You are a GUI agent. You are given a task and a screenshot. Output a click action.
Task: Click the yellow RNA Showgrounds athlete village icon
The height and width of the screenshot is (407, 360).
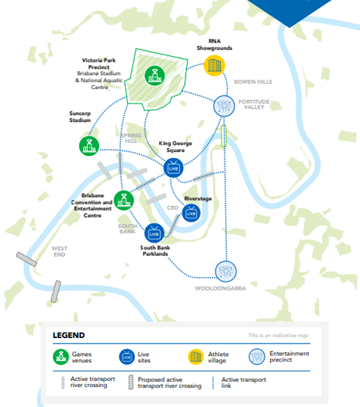215,65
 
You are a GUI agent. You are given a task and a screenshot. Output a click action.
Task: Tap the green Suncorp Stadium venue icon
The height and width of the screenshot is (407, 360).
89,146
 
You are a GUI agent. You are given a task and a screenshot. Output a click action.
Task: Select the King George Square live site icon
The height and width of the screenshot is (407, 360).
173,168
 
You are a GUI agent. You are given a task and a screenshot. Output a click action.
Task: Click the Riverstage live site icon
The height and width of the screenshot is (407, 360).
191,213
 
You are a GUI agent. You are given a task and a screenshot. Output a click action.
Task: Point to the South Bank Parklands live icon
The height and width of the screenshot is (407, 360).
154,233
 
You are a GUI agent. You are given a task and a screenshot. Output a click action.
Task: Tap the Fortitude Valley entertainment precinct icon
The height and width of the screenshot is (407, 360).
224,106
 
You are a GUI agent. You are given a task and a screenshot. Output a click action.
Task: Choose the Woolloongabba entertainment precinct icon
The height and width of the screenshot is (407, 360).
226,272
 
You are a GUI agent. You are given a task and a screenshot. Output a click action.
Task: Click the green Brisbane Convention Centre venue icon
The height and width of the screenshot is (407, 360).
124,200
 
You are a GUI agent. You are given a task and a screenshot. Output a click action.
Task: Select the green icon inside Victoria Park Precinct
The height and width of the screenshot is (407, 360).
155,76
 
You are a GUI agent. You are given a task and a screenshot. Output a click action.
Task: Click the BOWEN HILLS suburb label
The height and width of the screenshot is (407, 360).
253,82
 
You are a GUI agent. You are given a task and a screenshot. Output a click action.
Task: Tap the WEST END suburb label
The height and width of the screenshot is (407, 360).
60,251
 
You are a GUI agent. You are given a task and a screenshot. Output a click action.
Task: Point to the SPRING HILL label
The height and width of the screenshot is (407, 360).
131,138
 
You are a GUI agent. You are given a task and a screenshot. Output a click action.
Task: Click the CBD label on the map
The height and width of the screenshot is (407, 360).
173,208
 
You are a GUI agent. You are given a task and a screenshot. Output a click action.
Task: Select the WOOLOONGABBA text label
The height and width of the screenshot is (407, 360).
221,288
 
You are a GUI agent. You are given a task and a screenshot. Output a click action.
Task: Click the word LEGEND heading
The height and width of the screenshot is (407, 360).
68,335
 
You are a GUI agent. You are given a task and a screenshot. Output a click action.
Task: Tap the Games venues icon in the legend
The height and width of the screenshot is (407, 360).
61,357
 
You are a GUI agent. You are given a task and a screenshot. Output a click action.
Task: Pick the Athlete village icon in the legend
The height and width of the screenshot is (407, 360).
196,357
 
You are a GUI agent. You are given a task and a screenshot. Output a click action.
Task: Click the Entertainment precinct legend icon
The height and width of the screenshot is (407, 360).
257,357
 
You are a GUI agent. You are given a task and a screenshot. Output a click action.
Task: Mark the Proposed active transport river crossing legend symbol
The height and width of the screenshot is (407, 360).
131,382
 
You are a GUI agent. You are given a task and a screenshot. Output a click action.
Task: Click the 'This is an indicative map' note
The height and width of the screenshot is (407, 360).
278,335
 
